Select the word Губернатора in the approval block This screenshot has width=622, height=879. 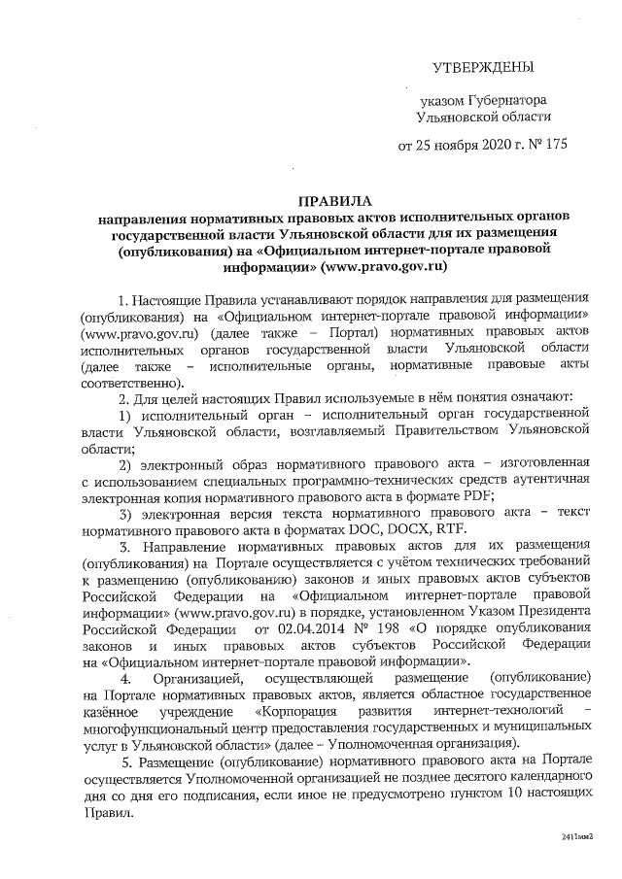pyautogui.click(x=507, y=100)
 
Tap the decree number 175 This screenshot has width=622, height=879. pyautogui.click(x=549, y=148)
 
